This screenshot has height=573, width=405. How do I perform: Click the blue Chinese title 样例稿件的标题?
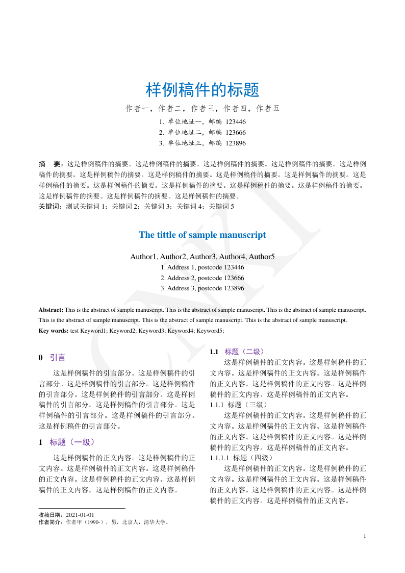[202, 90]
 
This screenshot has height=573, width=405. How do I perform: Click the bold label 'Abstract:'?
[51, 310]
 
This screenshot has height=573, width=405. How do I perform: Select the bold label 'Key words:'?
[54, 331]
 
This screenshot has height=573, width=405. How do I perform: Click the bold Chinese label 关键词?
[50, 207]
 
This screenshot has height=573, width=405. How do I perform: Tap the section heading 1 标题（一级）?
[67, 442]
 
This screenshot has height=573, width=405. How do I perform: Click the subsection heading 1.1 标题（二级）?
[237, 352]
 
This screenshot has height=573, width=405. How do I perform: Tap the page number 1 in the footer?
[365, 536]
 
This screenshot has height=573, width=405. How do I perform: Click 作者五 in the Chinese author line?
[267, 108]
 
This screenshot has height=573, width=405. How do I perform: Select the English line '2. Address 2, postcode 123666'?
[202, 278]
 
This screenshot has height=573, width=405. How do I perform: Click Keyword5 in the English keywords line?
[210, 331]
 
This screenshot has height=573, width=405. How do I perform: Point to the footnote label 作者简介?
[50, 522]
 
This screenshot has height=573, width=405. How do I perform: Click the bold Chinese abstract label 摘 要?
[50, 164]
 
